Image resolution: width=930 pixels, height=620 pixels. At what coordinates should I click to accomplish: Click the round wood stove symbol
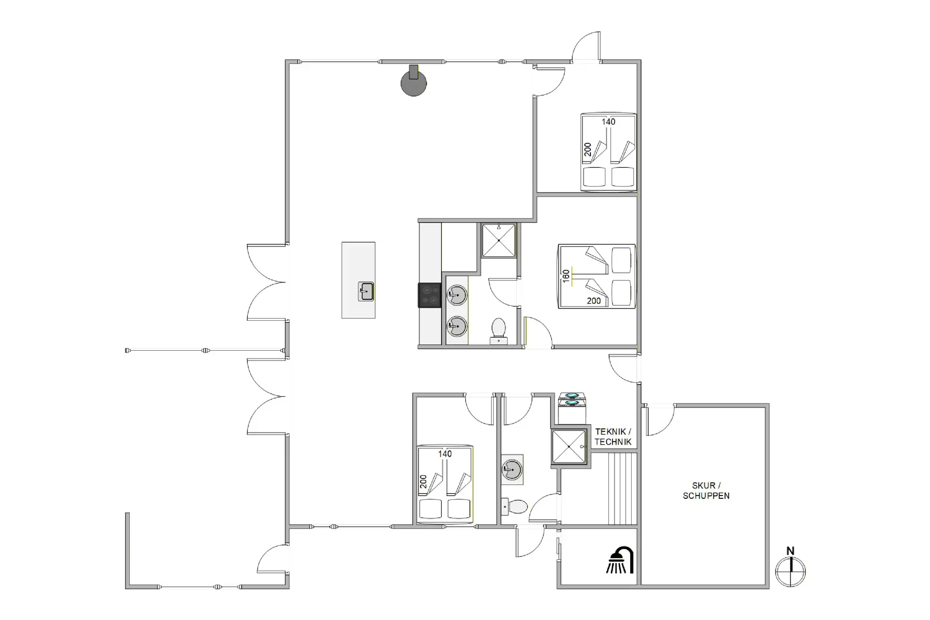point(414,82)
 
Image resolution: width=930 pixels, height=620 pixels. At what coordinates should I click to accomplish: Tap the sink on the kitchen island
point(366,292)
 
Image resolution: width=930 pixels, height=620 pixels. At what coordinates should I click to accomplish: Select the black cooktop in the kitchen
point(430,295)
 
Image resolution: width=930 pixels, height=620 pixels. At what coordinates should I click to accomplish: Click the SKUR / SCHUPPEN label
point(706,490)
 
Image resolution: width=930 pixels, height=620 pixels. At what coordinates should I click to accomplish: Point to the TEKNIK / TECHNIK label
point(613,436)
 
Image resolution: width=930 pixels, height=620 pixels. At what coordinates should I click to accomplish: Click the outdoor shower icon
point(620,560)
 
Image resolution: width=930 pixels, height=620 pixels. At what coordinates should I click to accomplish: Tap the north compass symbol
point(790,568)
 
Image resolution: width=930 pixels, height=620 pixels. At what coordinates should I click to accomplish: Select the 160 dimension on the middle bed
point(566,276)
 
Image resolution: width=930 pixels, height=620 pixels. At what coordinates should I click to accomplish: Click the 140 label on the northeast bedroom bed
point(608,122)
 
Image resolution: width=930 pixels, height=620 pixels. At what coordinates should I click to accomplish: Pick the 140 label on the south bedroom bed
point(445,454)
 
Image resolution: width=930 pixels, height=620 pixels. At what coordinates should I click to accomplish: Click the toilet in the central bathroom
point(498,331)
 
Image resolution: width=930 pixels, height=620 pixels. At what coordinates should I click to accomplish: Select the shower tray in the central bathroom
point(498,240)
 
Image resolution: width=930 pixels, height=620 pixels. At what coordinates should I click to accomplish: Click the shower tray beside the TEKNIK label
point(569,447)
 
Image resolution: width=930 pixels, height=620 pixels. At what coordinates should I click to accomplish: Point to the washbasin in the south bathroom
point(512,469)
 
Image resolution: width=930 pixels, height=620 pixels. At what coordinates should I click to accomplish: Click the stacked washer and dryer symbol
point(572,408)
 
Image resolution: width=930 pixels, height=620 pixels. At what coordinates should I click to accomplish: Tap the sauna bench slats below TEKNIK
point(622,488)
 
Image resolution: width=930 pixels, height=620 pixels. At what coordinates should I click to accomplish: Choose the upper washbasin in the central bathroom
point(456,294)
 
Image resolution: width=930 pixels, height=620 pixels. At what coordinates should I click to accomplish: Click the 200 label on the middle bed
point(594,301)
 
